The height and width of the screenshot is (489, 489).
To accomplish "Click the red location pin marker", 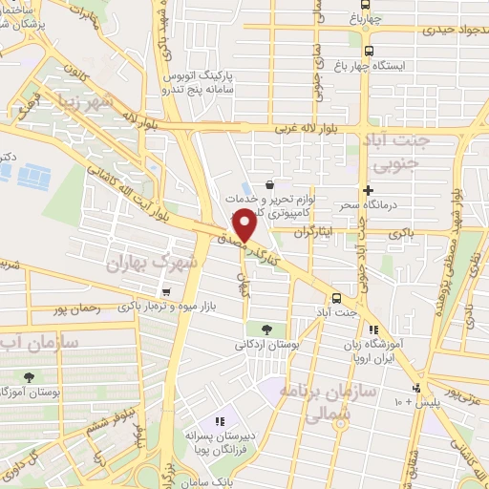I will click(244, 223).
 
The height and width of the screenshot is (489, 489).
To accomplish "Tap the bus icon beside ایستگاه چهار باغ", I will click(370, 52).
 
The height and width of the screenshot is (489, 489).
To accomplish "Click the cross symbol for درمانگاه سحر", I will click(368, 191).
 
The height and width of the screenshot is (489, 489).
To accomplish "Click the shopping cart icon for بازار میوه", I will click(166, 292).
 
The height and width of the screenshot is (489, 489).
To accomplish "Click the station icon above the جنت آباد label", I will click(335, 296).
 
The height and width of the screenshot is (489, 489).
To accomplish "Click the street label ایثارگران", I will click(315, 232).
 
